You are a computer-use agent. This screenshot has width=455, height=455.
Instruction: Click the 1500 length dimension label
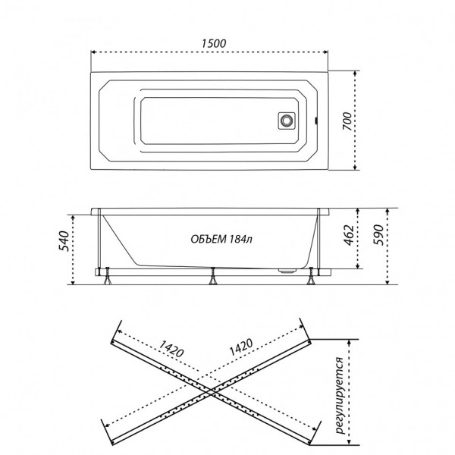tap(214, 43)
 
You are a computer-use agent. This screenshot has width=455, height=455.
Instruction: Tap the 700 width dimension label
tap(347, 121)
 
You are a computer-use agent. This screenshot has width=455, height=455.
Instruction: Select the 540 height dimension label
tap(64, 241)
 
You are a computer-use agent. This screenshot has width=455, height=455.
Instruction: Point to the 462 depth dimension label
tap(349, 235)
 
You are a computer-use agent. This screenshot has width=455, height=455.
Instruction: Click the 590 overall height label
tap(378, 235)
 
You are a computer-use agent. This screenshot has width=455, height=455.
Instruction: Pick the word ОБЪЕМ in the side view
tap(209, 239)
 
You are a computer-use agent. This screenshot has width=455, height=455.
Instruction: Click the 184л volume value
tap(240, 239)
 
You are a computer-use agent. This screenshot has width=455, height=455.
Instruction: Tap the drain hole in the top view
tap(287, 121)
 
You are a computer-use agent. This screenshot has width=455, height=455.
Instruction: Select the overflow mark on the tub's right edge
tap(317, 120)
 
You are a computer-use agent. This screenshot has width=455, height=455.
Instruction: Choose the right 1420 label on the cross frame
tap(241, 347)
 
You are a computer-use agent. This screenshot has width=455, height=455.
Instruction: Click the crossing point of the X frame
tap(212, 391)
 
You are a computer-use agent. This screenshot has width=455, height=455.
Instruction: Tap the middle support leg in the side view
tap(212, 276)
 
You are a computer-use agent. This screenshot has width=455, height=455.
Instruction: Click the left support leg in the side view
tap(108, 276)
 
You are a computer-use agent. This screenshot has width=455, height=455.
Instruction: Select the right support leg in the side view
tap(312, 276)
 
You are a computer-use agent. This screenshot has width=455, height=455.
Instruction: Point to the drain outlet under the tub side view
tap(287, 271)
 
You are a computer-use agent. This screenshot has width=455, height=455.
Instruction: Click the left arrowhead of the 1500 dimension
tap(93, 52)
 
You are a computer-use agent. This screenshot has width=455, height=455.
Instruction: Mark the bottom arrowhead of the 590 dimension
tap(387, 282)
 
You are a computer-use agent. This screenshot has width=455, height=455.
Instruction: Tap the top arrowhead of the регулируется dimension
tap(350, 342)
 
